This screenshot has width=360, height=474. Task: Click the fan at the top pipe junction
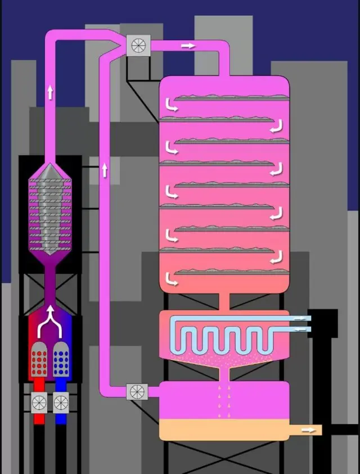point(138,45)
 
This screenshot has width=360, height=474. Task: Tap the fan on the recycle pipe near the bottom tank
point(138,391)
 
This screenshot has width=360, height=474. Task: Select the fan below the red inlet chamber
point(39,403)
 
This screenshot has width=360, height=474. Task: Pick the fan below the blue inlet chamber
point(61,403)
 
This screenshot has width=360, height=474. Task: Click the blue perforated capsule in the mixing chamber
point(60,358)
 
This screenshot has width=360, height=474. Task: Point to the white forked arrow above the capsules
point(50,318)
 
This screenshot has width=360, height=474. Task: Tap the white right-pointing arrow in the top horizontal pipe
point(188,46)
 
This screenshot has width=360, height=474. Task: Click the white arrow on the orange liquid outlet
point(308,430)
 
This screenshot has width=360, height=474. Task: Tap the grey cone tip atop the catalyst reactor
point(51,168)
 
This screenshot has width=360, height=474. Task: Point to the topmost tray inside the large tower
point(231,97)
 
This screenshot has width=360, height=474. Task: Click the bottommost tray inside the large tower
point(231,273)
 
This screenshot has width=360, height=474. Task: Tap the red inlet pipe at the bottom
point(39,419)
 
